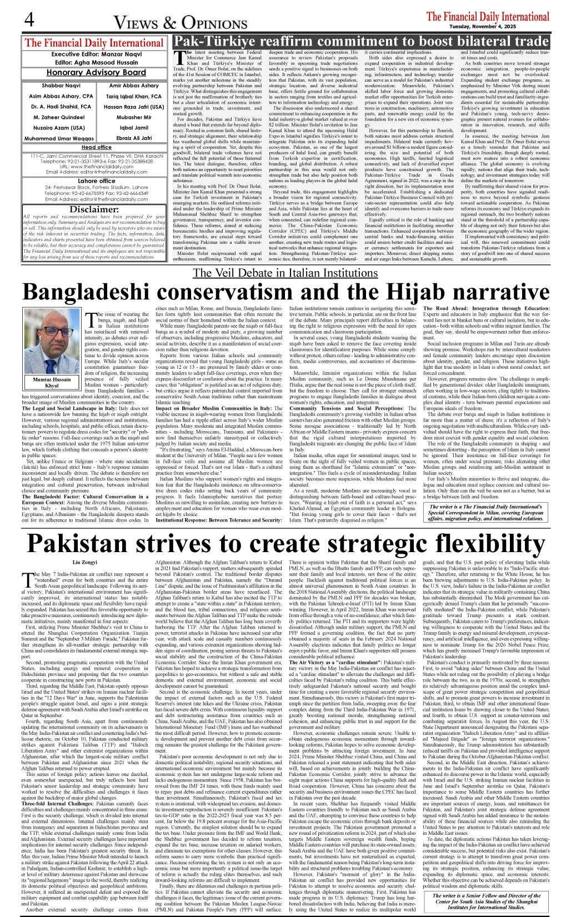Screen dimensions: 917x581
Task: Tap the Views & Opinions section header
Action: (x=180, y=23)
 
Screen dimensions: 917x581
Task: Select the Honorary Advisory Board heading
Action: (x=96, y=72)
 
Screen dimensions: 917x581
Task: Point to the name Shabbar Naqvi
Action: (x=61, y=86)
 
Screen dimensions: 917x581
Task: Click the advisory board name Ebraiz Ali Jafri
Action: (x=134, y=138)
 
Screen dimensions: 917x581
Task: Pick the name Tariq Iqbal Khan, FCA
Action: (x=134, y=96)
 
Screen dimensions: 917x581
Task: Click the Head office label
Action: (x=96, y=147)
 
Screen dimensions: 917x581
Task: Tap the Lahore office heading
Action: (x=96, y=181)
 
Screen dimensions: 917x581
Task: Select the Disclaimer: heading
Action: (x=94, y=209)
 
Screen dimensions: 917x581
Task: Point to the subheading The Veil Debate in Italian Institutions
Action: (x=285, y=273)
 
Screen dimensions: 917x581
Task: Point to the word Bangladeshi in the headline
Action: (x=109, y=292)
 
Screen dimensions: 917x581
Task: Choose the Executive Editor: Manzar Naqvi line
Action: (x=96, y=54)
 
